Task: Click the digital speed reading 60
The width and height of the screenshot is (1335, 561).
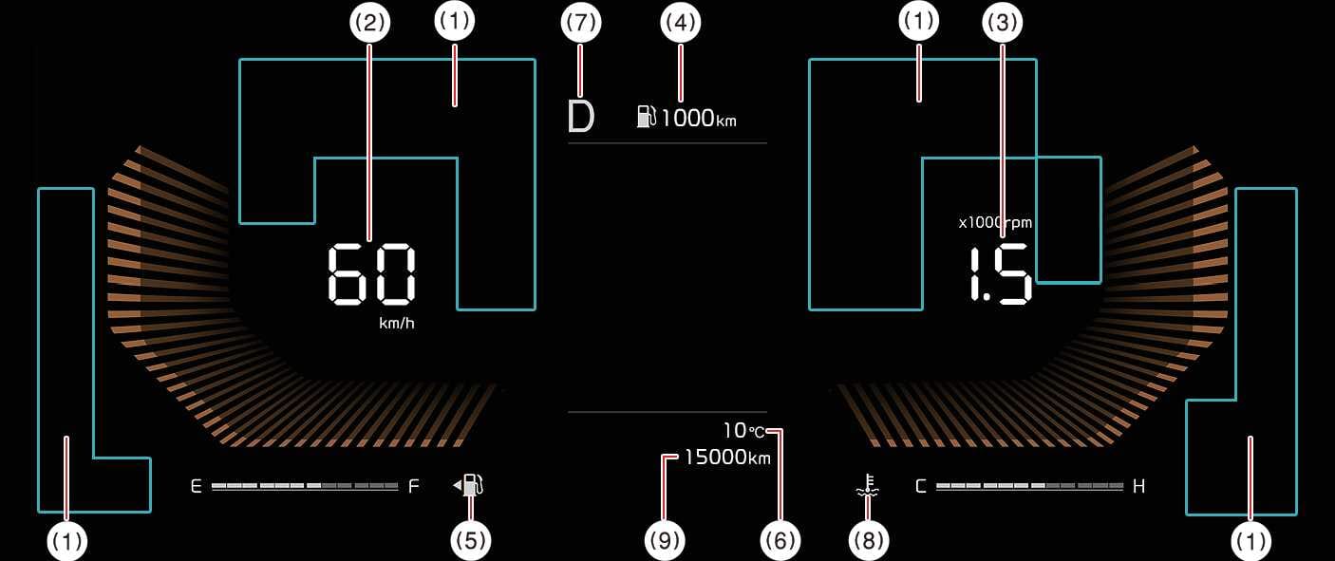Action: click(x=371, y=274)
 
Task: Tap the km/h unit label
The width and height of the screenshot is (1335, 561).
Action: click(x=397, y=324)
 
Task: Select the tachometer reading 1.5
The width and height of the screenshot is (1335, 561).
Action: click(x=1000, y=275)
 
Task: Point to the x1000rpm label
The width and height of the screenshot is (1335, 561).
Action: click(x=994, y=223)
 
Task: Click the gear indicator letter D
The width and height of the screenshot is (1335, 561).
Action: click(x=580, y=117)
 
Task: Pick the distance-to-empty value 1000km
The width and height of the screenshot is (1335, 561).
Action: click(x=698, y=119)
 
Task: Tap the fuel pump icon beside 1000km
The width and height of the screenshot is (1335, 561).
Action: click(x=647, y=117)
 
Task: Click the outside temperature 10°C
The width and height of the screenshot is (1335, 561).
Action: click(x=743, y=431)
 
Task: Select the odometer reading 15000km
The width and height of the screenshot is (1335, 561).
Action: click(x=727, y=458)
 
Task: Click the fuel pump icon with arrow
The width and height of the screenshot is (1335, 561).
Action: click(x=471, y=486)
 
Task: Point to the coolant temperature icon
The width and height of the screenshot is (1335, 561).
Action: click(x=866, y=487)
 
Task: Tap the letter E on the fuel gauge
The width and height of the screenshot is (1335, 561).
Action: click(x=197, y=487)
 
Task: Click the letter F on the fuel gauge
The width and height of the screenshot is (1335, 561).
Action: click(x=413, y=487)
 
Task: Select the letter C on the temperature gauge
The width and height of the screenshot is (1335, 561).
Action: click(x=920, y=487)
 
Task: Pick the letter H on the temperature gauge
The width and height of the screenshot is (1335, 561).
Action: click(x=1138, y=487)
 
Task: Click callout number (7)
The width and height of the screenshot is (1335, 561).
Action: click(x=581, y=23)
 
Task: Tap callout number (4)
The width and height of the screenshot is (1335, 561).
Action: click(x=680, y=23)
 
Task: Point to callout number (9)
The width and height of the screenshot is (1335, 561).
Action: click(x=664, y=540)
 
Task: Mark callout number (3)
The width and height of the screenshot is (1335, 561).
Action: click(x=1002, y=23)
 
